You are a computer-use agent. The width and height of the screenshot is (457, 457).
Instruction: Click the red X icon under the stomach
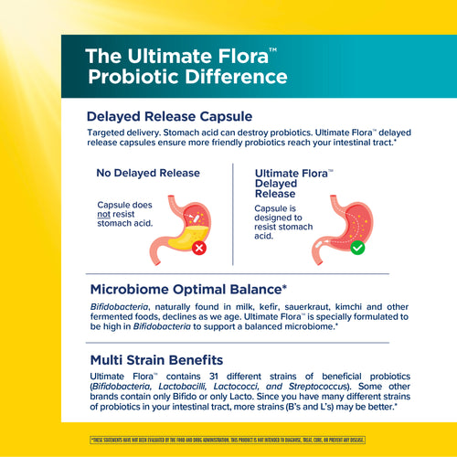click(x=199, y=248)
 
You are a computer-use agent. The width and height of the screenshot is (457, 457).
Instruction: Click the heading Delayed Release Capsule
click(x=169, y=117)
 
